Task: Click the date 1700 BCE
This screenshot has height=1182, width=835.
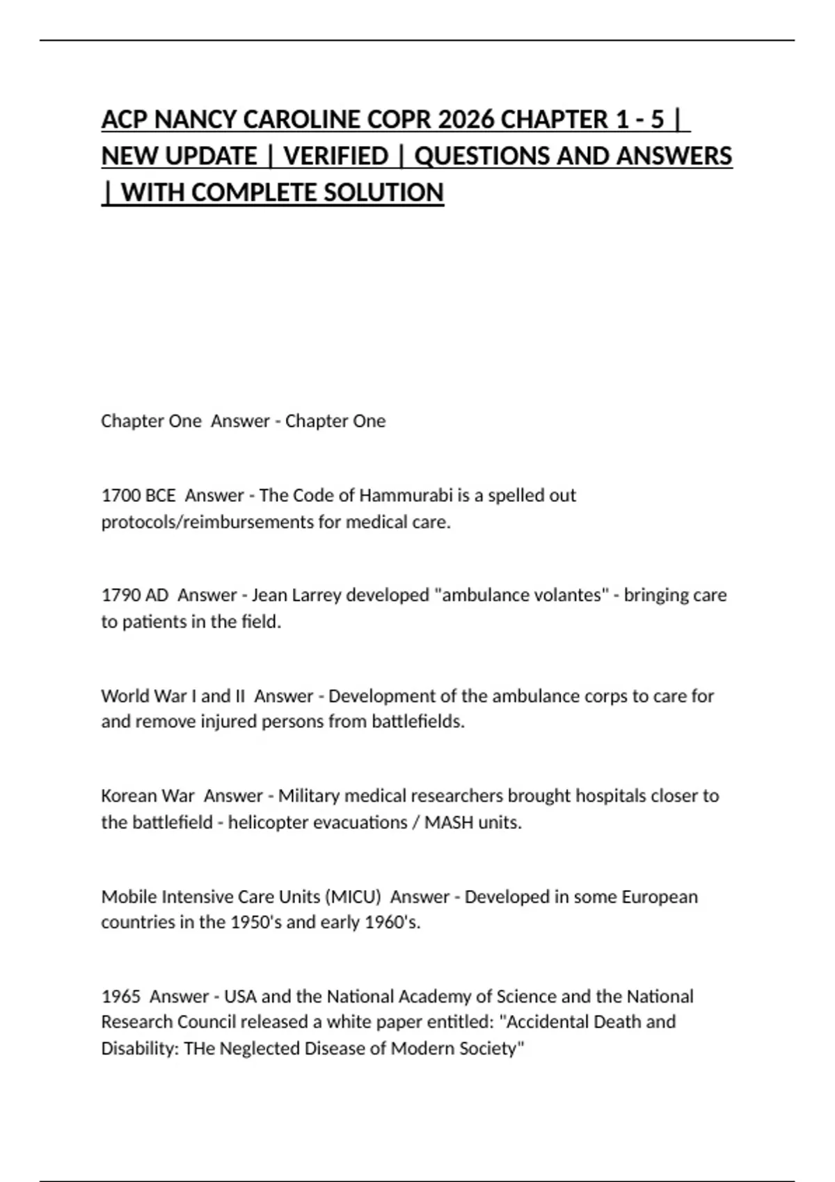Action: [138, 496]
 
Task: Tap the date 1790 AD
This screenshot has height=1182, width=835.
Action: [135, 595]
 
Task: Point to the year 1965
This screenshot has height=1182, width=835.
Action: [121, 996]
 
